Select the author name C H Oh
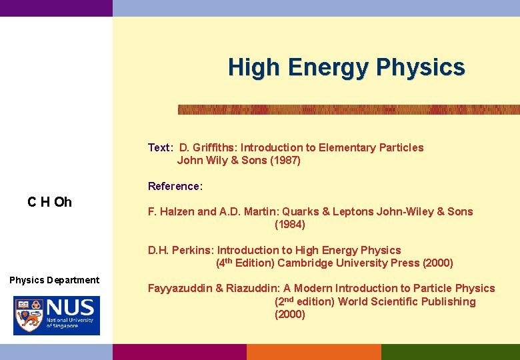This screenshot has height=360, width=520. point(50,202)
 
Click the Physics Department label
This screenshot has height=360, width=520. point(55,280)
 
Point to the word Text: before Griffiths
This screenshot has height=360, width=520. point(161,147)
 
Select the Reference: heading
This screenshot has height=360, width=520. point(175,186)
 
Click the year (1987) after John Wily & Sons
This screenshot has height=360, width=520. point(285,160)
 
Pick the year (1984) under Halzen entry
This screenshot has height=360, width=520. point(290,225)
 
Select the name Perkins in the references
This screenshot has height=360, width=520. point(194,250)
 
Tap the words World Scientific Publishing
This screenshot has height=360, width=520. point(407,301)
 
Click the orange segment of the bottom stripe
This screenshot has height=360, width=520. point(313,352)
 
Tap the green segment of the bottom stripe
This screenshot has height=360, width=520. point(450,352)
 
